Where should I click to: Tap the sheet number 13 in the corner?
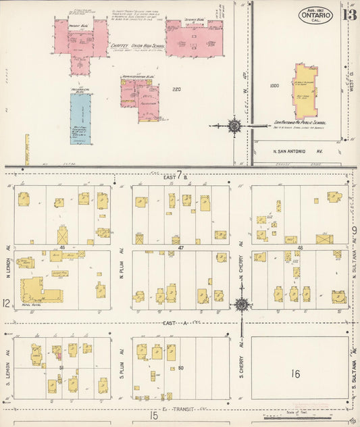pyautogui.click(x=349, y=14)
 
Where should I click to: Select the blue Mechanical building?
pyautogui.click(x=80, y=119)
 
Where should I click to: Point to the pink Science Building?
pyautogui.click(x=194, y=39)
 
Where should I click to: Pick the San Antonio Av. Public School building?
pyautogui.click(x=305, y=91)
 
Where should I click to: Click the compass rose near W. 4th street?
pyautogui.click(x=234, y=126)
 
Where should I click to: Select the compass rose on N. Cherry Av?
pyautogui.click(x=241, y=304)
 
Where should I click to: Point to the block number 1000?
pyautogui.click(x=274, y=86)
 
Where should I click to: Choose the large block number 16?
pyautogui.click(x=296, y=373)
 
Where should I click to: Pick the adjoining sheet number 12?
pyautogui.click(x=6, y=304)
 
